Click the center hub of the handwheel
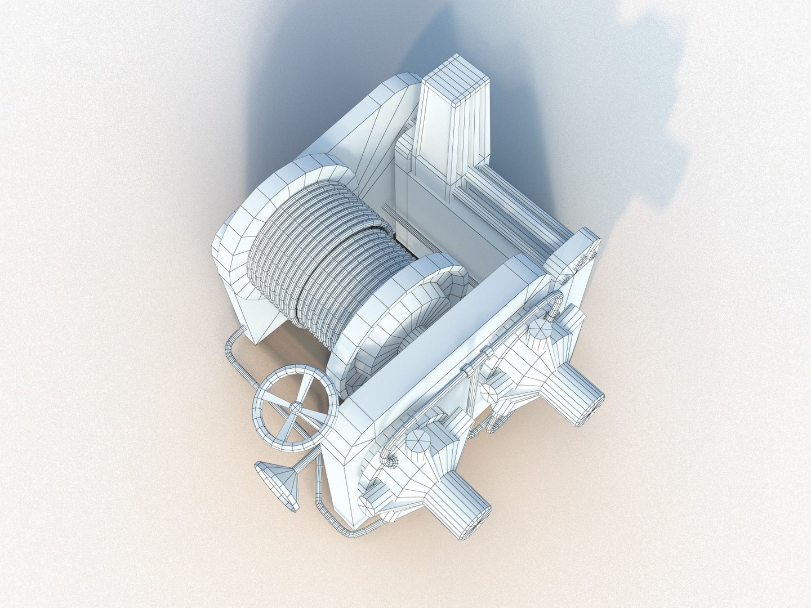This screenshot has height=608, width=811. (295, 406)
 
